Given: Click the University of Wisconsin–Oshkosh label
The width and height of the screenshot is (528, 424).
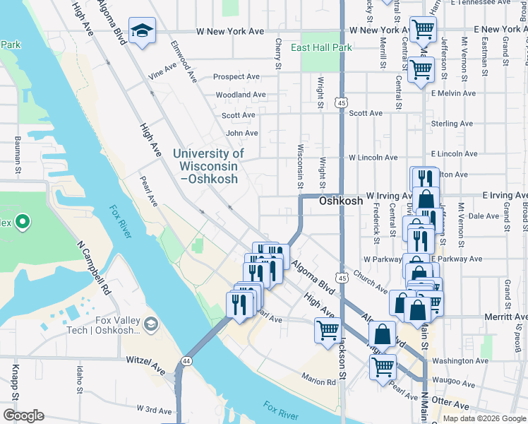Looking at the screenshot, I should (x=208, y=166).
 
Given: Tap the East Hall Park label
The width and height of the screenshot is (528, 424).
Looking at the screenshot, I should (x=321, y=47).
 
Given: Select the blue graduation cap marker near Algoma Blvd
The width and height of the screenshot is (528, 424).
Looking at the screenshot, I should (x=142, y=31).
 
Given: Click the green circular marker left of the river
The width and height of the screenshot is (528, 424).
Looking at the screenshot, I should (x=22, y=223).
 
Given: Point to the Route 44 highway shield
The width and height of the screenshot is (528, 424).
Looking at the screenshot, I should (x=186, y=360).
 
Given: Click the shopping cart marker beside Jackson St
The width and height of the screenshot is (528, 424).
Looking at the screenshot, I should (x=328, y=330).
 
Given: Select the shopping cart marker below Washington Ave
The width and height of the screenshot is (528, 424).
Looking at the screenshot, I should (x=383, y=367).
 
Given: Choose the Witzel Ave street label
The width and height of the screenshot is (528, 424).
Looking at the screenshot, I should (x=145, y=360).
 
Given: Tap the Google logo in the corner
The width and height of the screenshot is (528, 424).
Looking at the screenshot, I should (x=23, y=416).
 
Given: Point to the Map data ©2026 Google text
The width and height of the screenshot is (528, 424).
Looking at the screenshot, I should (x=484, y=418).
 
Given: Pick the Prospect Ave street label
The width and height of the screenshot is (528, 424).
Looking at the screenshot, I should (x=236, y=76).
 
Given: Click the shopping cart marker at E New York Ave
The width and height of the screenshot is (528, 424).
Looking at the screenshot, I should (x=423, y=29).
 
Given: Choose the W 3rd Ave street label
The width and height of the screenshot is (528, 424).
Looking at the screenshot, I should (x=155, y=410).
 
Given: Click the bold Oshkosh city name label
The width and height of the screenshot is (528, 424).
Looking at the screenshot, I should (x=341, y=201).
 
